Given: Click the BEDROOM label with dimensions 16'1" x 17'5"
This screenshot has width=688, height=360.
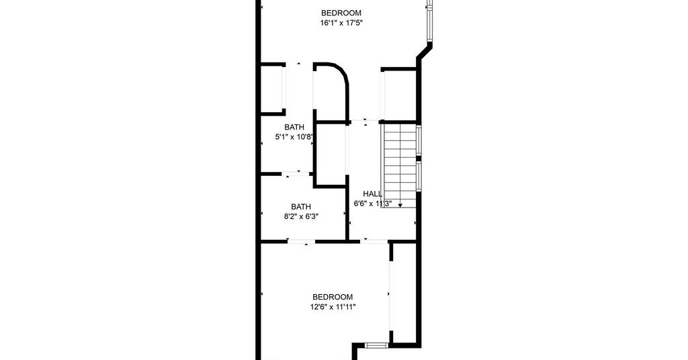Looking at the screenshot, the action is point(341,13).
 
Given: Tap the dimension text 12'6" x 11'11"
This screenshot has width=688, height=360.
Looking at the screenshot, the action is point(333,307).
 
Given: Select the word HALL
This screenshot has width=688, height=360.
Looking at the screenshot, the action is point(372,194).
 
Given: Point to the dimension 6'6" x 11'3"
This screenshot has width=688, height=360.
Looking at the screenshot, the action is point(372,204).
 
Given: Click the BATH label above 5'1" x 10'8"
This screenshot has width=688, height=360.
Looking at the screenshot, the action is point(294,127).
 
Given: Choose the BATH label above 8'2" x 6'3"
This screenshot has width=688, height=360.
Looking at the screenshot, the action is point(301,206).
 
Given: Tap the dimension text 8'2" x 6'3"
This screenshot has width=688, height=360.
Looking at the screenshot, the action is point(301,216).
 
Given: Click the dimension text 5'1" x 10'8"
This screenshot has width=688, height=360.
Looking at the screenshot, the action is point(294,137).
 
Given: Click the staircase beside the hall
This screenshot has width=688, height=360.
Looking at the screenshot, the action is point(399,166).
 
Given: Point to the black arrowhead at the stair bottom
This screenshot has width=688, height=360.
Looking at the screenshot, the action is point(400,206).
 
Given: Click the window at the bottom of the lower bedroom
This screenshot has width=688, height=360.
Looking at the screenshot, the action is point(376,345).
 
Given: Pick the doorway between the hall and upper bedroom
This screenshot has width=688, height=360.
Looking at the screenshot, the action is point(365,121).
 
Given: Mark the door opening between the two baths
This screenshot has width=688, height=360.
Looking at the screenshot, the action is point(298,174).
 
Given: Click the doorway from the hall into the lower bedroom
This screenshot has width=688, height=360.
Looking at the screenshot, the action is point(373,241).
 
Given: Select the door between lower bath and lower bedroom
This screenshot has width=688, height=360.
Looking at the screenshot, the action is point(302,241).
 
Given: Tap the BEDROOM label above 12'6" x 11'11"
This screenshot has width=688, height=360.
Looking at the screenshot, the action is point(333,298).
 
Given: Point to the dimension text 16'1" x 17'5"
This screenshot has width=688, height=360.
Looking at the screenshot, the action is point(342,23).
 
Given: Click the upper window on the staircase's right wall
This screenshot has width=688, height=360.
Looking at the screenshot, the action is point(419,140).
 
